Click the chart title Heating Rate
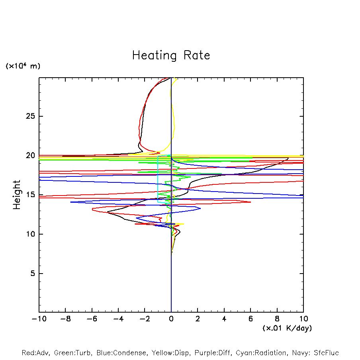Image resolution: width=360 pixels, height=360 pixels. point(171,55)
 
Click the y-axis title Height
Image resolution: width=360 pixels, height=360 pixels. point(17,195)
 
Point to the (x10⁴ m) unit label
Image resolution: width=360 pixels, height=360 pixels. point(23,66)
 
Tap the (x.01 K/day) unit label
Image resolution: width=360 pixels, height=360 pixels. point(287,328)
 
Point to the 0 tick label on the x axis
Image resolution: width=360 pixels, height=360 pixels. point(171,319)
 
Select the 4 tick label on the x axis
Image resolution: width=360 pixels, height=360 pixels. point(224,319)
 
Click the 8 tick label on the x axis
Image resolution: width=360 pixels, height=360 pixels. point(277,319)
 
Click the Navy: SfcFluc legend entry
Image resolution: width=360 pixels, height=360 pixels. point(315,353)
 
